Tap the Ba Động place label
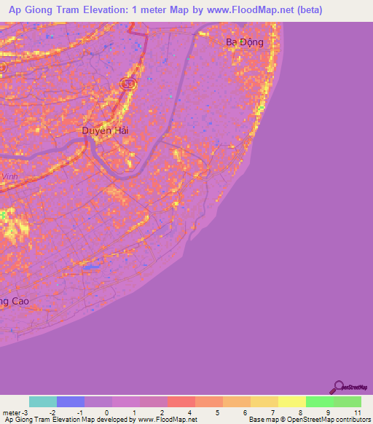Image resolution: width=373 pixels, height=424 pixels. (244, 42)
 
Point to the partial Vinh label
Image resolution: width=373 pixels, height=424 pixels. (9, 176)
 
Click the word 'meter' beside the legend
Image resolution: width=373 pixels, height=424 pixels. (12, 412)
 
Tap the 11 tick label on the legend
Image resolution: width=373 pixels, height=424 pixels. (357, 412)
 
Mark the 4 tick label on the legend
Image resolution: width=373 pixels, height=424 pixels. (190, 412)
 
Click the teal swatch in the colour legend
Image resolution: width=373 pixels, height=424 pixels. (43, 401)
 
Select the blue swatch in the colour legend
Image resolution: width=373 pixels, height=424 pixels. (71, 401)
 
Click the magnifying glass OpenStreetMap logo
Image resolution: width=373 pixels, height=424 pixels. (337, 388)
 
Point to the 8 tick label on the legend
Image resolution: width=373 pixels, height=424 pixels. (302, 412)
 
